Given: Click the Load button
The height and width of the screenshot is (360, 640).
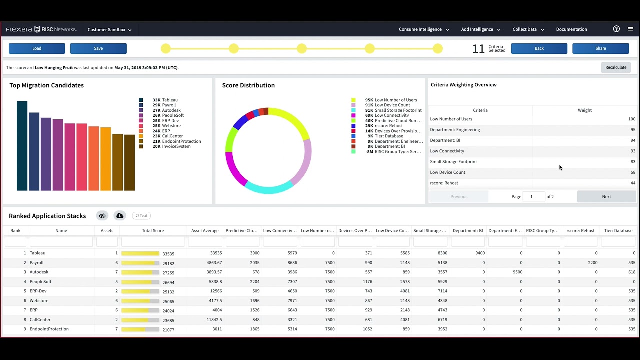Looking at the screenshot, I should [37, 48].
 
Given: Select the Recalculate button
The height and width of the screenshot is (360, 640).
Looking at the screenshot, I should [616, 67].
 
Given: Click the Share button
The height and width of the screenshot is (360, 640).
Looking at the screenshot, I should [600, 48].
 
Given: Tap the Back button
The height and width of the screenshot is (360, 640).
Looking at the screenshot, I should [539, 48].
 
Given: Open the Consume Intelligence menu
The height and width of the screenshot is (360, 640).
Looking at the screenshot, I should [423, 29].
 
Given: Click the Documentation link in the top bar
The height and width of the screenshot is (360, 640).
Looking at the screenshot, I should [571, 29].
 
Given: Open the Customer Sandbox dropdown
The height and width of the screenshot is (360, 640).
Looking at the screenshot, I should [109, 30].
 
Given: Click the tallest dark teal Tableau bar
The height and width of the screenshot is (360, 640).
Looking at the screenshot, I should [22, 145].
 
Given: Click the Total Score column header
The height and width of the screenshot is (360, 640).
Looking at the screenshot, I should [153, 231].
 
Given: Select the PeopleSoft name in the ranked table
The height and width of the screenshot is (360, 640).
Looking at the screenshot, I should [40, 282].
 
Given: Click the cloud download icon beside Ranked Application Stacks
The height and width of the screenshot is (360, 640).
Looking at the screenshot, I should [120, 216].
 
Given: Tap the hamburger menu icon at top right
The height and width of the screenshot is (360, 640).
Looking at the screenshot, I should [630, 29].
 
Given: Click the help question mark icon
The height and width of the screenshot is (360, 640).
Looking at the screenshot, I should [616, 29].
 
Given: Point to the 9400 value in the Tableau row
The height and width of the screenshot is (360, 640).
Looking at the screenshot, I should [479, 253].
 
